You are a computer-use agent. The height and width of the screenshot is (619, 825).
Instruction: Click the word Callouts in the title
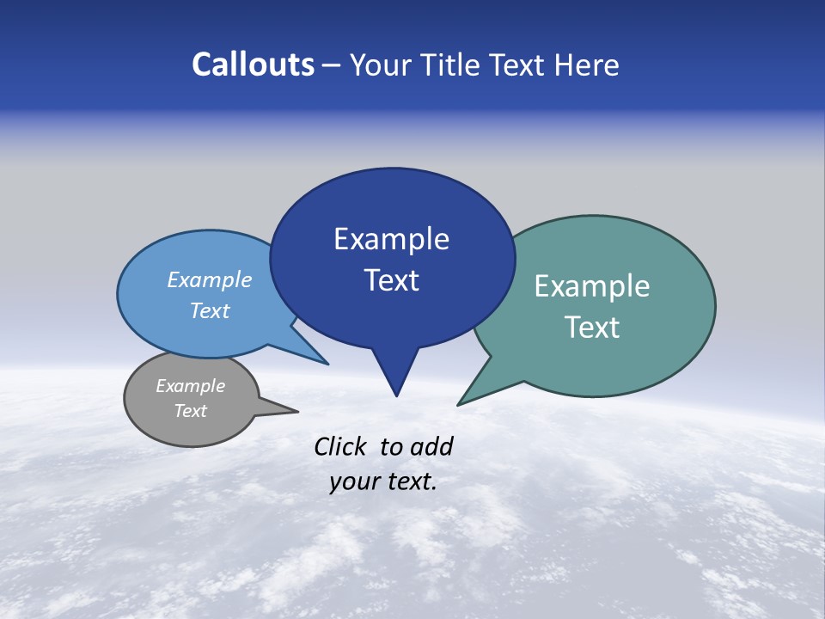[253, 64]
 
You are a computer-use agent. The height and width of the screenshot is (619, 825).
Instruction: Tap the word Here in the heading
[587, 64]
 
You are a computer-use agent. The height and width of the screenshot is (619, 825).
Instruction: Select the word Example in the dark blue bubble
[391, 239]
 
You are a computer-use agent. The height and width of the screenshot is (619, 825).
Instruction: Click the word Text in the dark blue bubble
[391, 280]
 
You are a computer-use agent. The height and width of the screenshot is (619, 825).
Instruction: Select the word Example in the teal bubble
[592, 286]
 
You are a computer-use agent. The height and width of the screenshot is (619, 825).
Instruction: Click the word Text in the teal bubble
[592, 328]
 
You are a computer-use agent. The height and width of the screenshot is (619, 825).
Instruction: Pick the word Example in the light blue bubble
[210, 279]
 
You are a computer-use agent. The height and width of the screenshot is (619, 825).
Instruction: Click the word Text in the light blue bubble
[210, 310]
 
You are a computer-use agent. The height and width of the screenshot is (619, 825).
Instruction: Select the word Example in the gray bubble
[190, 386]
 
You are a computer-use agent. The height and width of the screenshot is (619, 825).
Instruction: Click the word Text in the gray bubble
[190, 411]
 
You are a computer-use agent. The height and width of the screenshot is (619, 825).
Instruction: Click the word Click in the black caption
[342, 446]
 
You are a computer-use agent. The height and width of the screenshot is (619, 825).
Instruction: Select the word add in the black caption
[431, 446]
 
